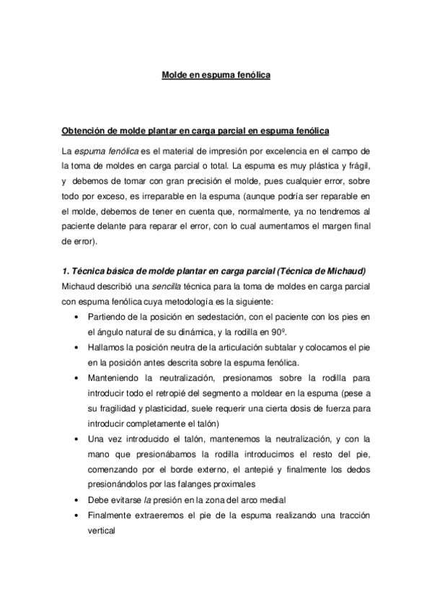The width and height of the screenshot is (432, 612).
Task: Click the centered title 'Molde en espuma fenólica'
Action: pos(215,74)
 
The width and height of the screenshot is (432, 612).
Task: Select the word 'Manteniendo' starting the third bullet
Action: pos(112,377)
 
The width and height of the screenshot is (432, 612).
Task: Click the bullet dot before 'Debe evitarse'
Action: pos(77,499)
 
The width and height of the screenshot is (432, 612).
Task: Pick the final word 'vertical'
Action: pos(101,528)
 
